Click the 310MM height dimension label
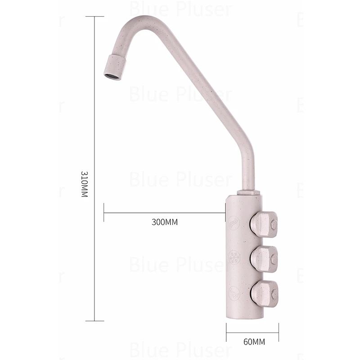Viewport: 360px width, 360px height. point(85,184)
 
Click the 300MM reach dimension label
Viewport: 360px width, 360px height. point(165,222)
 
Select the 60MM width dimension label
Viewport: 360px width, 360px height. point(254,342)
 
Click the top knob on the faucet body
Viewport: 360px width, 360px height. point(264,225)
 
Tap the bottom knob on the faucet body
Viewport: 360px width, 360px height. point(264,294)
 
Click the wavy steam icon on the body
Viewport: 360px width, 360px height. point(234,222)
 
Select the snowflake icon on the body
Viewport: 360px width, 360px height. point(234,257)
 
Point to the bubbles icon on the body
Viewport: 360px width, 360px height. point(234,293)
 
